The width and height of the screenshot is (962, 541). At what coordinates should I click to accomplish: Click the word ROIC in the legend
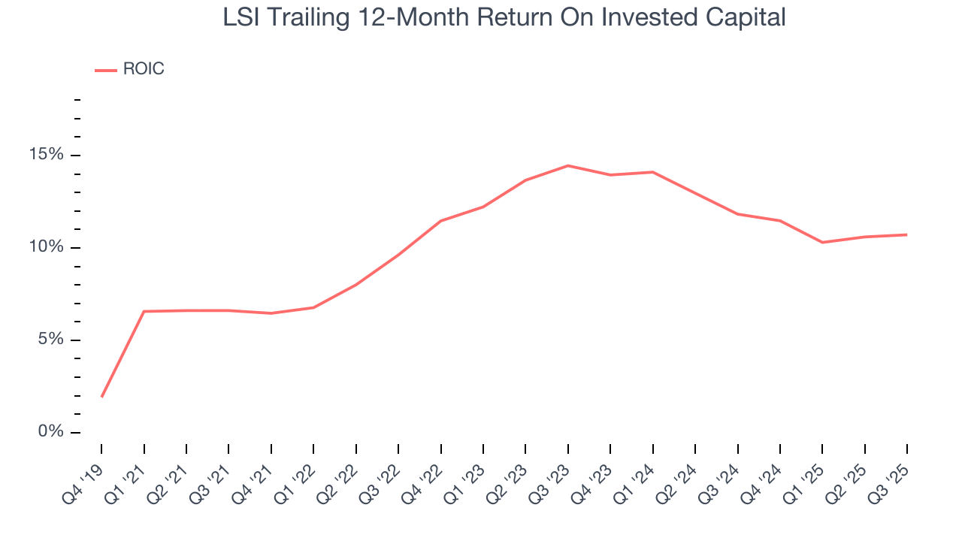point(144,69)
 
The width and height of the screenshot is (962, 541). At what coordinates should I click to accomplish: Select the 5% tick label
point(51,340)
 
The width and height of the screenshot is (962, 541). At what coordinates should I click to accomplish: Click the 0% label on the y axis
point(51,432)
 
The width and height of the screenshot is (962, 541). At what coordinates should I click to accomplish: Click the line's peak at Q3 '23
point(567,165)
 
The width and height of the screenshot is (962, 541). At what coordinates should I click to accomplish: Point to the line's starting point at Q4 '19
point(101,397)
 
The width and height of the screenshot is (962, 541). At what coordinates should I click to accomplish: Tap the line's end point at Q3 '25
point(906,234)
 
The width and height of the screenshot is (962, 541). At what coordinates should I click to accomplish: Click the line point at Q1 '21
point(144,311)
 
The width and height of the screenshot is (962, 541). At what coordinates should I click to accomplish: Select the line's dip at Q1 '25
point(822,242)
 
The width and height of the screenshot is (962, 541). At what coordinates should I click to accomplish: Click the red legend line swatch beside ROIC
point(105,70)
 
